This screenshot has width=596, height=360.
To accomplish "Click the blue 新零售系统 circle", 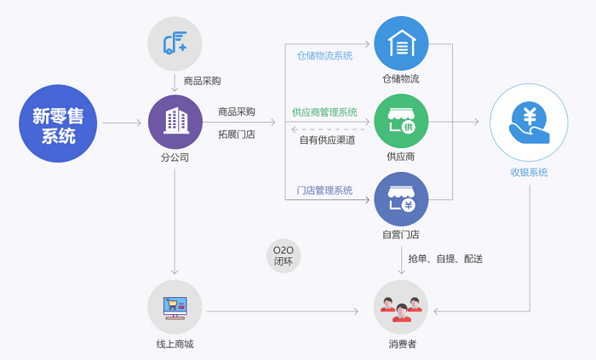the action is [x=58, y=123].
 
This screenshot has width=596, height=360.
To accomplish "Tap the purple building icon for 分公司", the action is [x=175, y=122].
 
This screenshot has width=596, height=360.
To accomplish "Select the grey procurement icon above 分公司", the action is [x=175, y=43].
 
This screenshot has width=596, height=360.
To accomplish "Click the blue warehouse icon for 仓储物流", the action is [x=401, y=43].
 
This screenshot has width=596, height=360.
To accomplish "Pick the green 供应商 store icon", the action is [x=401, y=121].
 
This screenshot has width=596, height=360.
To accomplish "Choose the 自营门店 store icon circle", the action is [x=401, y=199].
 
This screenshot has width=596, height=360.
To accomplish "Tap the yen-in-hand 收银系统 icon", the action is [x=529, y=123].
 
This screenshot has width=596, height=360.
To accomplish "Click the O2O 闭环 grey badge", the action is [x=284, y=256].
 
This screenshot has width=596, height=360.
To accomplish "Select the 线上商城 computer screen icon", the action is [x=175, y=307].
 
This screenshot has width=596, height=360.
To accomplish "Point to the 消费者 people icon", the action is [x=401, y=307].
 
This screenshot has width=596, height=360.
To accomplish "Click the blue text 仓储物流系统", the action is [x=324, y=56].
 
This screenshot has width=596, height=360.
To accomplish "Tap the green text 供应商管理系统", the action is [x=324, y=112].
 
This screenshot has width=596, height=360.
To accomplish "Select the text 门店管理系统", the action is [x=324, y=191].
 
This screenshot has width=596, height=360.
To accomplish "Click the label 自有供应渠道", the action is [x=327, y=140].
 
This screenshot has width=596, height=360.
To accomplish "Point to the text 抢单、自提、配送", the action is [x=445, y=259].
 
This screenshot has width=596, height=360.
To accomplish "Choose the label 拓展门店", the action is [x=237, y=134].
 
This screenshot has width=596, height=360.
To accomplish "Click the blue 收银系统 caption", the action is [x=529, y=173].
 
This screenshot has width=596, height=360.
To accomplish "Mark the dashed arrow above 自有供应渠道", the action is [x=329, y=129].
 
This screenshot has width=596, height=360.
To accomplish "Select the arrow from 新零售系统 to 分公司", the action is [x=122, y=123].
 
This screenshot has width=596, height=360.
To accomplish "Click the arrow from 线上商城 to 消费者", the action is [x=283, y=311].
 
